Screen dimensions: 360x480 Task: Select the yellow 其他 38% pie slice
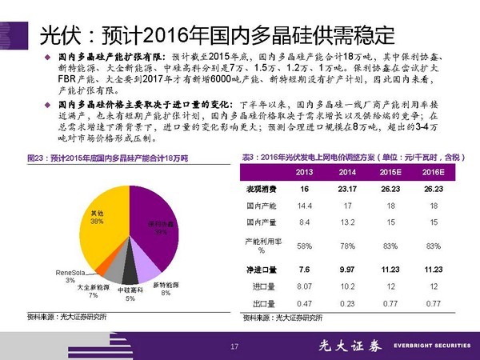(x=100, y=232)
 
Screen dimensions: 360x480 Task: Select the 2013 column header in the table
(x=304, y=173)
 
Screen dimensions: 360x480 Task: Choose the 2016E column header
(x=433, y=173)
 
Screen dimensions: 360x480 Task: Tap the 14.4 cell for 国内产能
(x=304, y=206)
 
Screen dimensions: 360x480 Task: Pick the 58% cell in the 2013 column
(x=304, y=245)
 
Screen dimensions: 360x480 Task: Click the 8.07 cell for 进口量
(x=304, y=286)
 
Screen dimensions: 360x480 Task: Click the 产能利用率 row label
(x=262, y=245)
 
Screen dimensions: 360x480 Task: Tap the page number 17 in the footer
(x=234, y=346)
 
